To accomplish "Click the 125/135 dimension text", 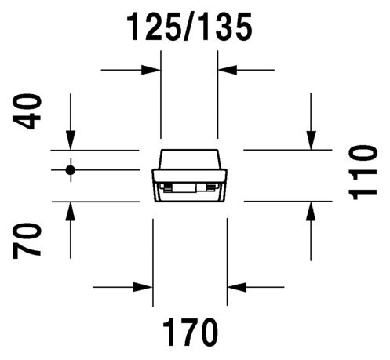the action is (189, 27).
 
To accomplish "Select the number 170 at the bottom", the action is (190, 332).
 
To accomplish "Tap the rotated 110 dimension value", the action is (363, 173).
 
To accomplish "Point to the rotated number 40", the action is (27, 112).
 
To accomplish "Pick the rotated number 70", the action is (27, 241).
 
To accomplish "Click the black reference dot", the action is (71, 170).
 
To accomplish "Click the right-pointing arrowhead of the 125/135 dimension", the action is (151, 70).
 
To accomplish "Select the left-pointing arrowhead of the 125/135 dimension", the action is (228, 70).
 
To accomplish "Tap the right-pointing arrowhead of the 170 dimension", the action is (143, 287).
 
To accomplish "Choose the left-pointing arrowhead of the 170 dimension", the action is (237, 287).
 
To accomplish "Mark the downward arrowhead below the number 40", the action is (71, 140).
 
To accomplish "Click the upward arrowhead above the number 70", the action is (71, 211).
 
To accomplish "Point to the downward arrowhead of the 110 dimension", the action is (311, 140).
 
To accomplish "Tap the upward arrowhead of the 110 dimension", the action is (311, 211).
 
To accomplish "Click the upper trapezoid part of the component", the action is (189, 159).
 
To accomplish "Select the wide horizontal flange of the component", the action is (190, 176).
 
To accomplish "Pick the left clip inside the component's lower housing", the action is (166, 187).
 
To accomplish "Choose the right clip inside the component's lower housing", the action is (213, 187).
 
